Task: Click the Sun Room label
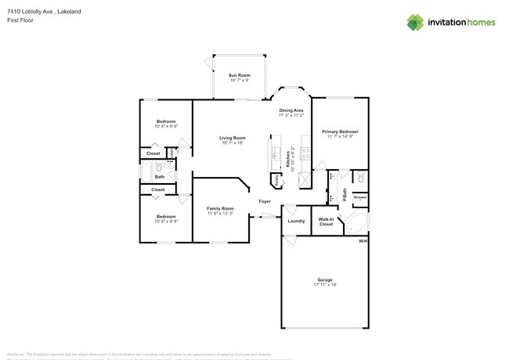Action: point(239,74)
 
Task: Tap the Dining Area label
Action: point(291,110)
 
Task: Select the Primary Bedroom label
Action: point(342,131)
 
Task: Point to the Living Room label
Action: point(233,138)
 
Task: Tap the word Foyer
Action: point(265,201)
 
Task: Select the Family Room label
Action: point(220,208)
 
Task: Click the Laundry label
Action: point(296,221)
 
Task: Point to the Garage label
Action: point(324,279)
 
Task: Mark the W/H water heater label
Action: point(363,241)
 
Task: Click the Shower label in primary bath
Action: point(359,198)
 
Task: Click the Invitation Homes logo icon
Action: point(414,22)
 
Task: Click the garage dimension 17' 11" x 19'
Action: point(324,285)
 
